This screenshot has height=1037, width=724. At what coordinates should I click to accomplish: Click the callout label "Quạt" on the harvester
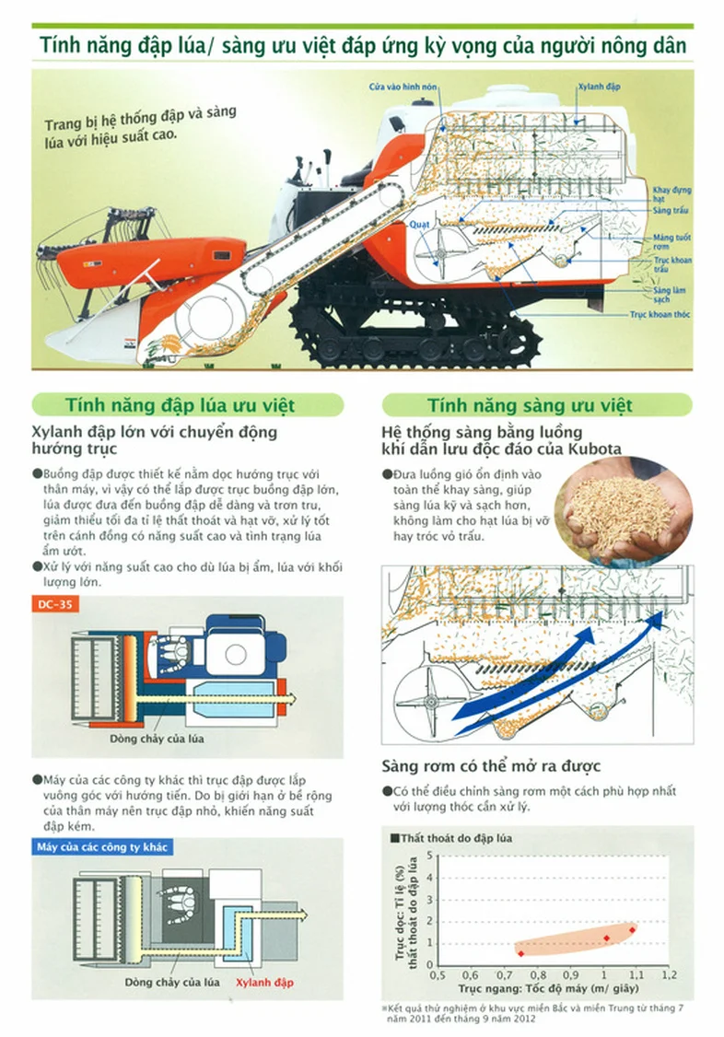coord(418,224)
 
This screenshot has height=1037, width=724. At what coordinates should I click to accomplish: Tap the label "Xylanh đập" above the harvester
coord(599,87)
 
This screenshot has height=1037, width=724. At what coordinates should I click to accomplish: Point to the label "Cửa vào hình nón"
coord(403,87)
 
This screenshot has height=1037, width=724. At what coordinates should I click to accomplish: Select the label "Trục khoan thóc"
coord(660,315)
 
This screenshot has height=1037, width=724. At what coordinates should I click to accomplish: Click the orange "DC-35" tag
coord(55,604)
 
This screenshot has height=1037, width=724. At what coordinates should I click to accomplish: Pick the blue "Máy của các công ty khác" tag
coord(102,847)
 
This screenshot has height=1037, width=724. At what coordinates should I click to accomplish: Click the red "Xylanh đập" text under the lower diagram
coord(264,983)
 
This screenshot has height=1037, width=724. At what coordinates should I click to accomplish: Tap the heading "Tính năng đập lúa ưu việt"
coord(180,405)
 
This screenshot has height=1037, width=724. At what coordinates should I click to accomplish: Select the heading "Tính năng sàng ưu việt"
coord(530,405)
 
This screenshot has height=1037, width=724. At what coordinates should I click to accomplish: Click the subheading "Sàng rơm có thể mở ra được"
coord(491,766)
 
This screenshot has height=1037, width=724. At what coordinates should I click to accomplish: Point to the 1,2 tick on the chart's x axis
coord(669,974)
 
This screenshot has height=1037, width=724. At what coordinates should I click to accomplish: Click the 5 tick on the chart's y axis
coord(430,856)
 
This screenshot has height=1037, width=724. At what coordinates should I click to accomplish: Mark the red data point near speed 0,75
coord(521,953)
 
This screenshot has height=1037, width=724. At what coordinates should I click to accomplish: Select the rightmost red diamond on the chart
coord(632,930)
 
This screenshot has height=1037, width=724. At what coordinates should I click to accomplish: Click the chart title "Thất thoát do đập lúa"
coord(456,839)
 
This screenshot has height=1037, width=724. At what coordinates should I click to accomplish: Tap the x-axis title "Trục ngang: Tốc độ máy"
coord(531,989)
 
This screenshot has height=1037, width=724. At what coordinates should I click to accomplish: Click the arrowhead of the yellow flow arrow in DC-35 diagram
coord(289,698)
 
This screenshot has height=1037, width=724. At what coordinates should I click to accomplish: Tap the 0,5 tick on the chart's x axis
coord(438,974)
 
